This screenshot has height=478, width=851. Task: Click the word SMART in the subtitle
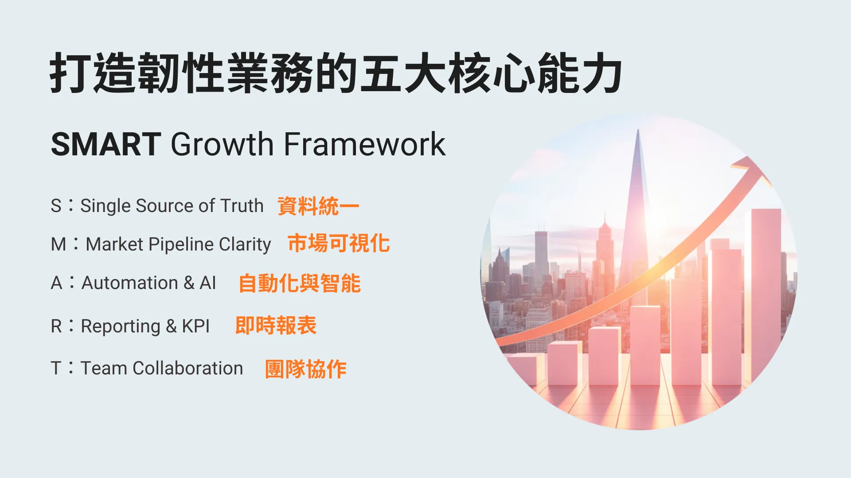(x=105, y=144)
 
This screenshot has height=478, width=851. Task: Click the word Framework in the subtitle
(x=364, y=144)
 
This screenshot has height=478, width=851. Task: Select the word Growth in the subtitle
(x=222, y=144)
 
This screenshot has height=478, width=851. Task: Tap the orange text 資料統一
(x=318, y=206)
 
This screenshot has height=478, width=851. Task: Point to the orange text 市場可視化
(x=339, y=243)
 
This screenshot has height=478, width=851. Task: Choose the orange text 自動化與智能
(x=300, y=283)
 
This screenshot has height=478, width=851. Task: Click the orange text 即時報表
(x=276, y=326)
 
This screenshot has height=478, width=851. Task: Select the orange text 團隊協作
(x=306, y=369)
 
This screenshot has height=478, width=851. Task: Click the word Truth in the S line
(x=242, y=206)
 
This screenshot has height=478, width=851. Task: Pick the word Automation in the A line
(x=130, y=283)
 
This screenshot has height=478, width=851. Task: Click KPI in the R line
(x=195, y=326)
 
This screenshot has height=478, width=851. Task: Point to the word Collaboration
(x=188, y=368)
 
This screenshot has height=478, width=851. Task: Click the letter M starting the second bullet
(x=59, y=244)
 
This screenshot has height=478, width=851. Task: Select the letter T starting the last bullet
(x=56, y=368)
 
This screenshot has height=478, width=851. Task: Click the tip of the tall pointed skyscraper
(x=638, y=130)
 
